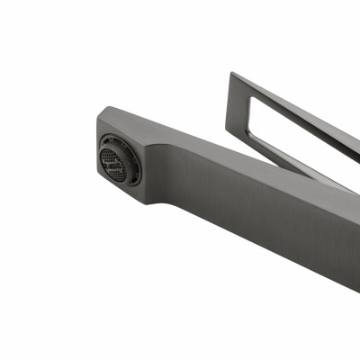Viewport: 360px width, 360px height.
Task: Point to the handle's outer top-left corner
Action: [x=230, y=74]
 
